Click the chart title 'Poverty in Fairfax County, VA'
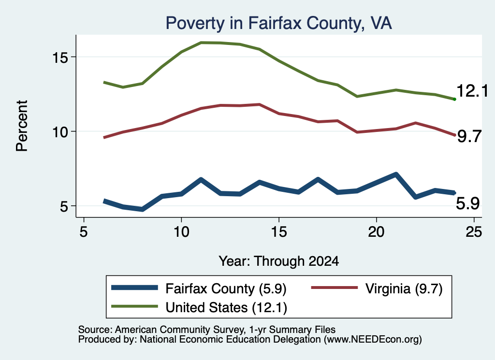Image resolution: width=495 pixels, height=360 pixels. pos(279,23)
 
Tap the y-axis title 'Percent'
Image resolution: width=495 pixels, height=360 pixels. pos(22,126)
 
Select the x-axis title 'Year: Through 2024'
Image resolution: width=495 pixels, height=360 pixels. pos(279,261)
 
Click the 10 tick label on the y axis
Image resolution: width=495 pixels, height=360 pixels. pos(60,131)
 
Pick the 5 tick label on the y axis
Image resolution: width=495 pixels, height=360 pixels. pos(64,206)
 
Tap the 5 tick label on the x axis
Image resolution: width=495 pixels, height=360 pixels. pos(83,232)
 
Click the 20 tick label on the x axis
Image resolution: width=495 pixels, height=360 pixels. pos(376,232)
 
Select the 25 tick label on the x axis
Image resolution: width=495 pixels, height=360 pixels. pos(474,232)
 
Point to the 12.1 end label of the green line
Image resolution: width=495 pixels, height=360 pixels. pos(472,91)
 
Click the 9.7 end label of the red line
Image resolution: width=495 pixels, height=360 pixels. pos(469,136)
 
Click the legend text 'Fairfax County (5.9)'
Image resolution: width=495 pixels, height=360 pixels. pos(226,288)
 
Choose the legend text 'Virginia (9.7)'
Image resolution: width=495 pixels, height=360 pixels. pos(404,288)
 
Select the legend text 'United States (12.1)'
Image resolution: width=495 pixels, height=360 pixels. pos(226,307)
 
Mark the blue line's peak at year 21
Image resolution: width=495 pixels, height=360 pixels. pos(395,174)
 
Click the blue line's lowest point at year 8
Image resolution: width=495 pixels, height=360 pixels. pos(143,209)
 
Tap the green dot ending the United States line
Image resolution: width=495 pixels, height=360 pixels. pos(454,99)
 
